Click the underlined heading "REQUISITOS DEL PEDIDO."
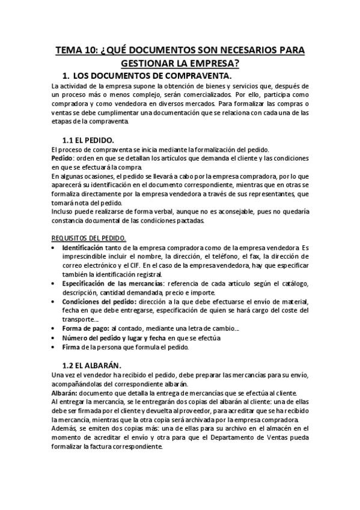[x=88, y=238]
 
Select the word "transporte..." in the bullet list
[x=81, y=319]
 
